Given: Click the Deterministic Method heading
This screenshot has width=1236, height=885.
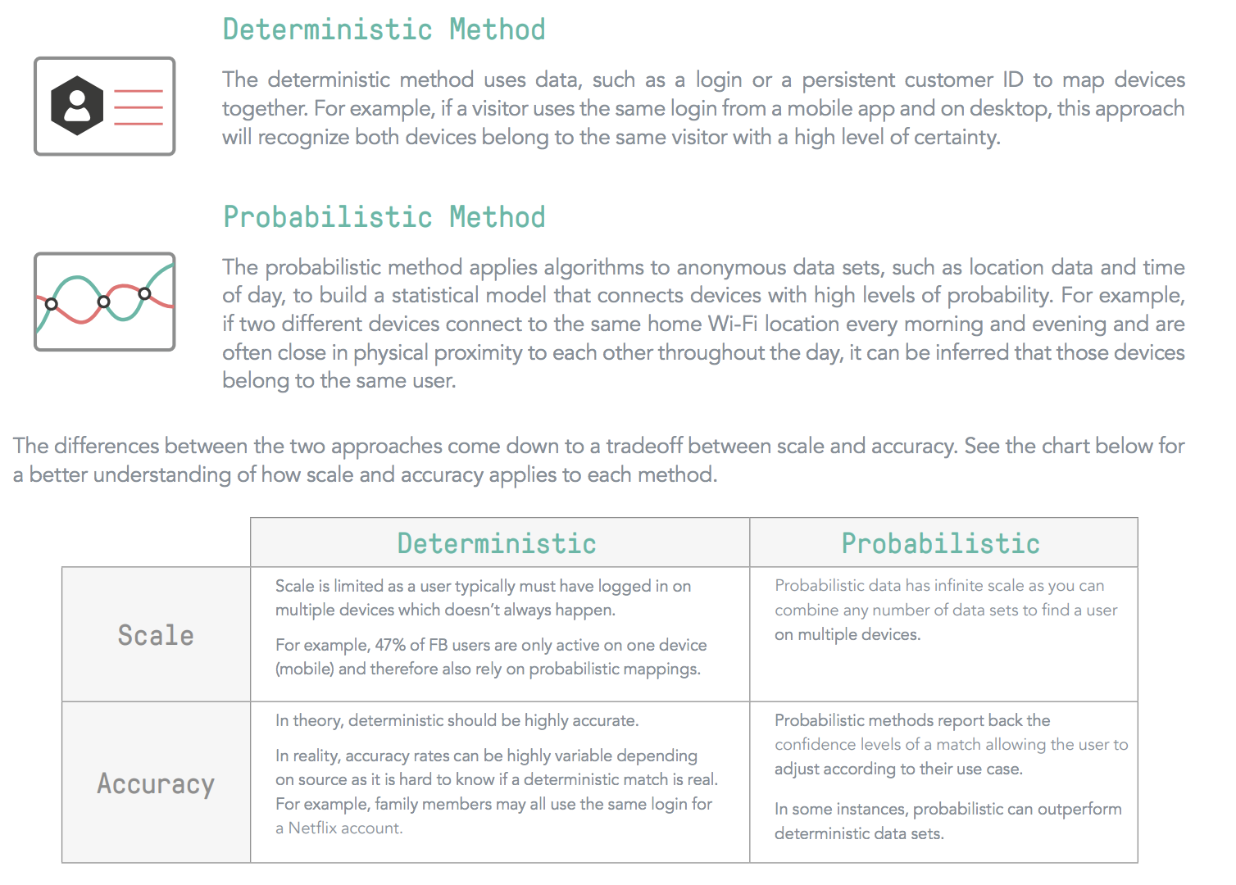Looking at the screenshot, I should (384, 29).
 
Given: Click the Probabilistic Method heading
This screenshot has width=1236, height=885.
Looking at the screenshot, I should (384, 217).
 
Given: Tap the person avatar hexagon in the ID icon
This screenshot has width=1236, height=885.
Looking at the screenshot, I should (77, 106).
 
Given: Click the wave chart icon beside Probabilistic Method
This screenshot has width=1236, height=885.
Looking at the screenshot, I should (104, 302).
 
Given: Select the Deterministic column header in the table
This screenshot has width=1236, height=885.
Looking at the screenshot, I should (497, 543).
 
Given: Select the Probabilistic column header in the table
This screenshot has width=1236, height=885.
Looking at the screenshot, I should (940, 543).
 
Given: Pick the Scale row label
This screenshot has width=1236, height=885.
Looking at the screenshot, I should (156, 635).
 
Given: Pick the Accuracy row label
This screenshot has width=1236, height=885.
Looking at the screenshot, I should (156, 783).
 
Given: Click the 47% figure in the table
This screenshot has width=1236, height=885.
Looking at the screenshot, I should (390, 645).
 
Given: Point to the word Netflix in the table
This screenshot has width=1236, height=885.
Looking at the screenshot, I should (312, 828).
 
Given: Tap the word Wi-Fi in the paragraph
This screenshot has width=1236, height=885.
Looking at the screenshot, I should (733, 324).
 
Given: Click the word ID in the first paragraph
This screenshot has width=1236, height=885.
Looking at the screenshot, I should (1013, 79).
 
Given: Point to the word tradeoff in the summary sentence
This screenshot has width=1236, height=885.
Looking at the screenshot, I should (644, 446).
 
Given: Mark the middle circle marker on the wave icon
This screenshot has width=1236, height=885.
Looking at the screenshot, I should (103, 302).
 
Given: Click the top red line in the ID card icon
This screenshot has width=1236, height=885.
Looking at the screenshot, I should (139, 91).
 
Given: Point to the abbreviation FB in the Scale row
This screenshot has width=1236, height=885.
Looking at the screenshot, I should (439, 645).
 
